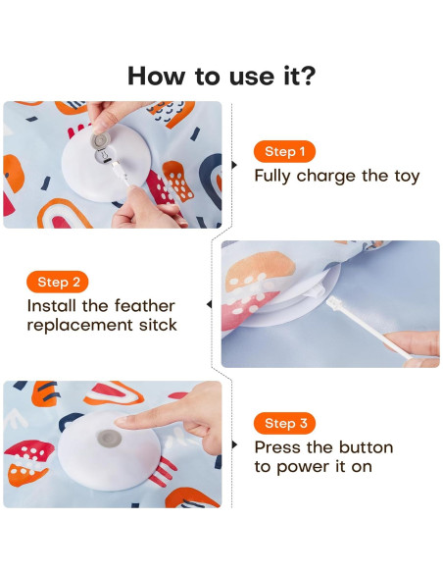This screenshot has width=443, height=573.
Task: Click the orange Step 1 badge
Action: (x=285, y=152)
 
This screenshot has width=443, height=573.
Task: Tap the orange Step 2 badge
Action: (x=60, y=282)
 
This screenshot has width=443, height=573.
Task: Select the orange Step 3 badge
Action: (x=285, y=424)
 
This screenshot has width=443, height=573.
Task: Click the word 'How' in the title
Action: (x=158, y=76)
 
